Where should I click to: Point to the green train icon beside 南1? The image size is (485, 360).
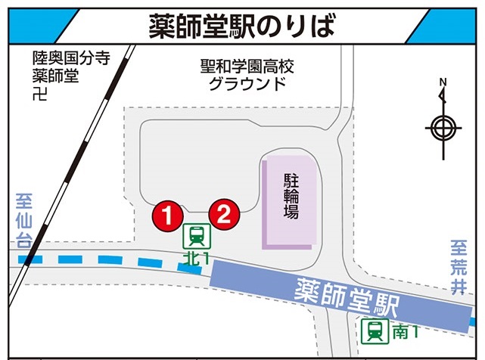tap(373, 330)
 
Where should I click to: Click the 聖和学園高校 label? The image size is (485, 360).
tap(247, 66)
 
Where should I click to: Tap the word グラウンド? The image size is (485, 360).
tap(247, 82)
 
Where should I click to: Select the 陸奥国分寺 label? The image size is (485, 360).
tap(64, 57)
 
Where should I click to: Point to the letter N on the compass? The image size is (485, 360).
tap(443, 82)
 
